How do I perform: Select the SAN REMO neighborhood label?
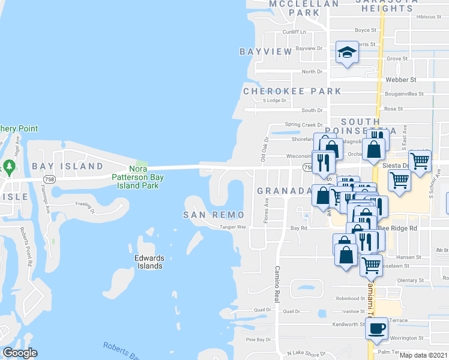point(214,215)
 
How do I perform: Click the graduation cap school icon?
point(346,55)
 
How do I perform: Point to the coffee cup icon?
point(376,329)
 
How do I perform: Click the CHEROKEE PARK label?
point(292,91)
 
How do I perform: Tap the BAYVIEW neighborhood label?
point(266,52)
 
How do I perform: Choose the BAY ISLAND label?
point(68,166)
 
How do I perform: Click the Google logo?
point(19,353)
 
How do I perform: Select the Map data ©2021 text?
point(423,355)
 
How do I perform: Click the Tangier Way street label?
point(234,227)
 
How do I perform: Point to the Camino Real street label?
point(278,284)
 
